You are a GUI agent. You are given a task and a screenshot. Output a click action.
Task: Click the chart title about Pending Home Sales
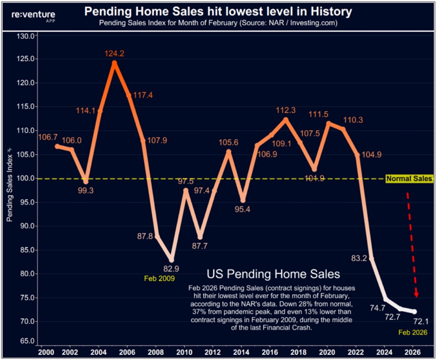[218, 11]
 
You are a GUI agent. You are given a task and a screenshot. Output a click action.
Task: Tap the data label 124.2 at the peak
[114, 54]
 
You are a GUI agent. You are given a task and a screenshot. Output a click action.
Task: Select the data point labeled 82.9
[171, 260]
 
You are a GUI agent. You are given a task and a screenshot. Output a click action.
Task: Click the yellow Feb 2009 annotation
[159, 279]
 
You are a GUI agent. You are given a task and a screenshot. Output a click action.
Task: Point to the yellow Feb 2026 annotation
[412, 333]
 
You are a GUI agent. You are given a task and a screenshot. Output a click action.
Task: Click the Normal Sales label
[409, 179]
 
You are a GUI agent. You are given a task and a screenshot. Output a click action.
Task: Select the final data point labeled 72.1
[415, 312]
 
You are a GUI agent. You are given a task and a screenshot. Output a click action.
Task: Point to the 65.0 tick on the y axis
[27, 341]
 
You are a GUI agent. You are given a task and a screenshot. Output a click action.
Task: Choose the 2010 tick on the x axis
[184, 352]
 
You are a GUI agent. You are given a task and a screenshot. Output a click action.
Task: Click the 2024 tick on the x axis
[384, 352]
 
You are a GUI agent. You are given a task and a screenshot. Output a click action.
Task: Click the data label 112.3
[285, 110]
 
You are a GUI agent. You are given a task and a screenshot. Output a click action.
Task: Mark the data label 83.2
[359, 258]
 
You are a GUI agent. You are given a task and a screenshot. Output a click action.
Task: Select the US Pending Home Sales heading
[273, 274]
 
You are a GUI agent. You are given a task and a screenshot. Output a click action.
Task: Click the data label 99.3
[86, 191]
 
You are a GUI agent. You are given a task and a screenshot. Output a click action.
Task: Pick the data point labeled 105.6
[229, 151]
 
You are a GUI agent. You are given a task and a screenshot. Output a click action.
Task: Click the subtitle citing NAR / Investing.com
[218, 23]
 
